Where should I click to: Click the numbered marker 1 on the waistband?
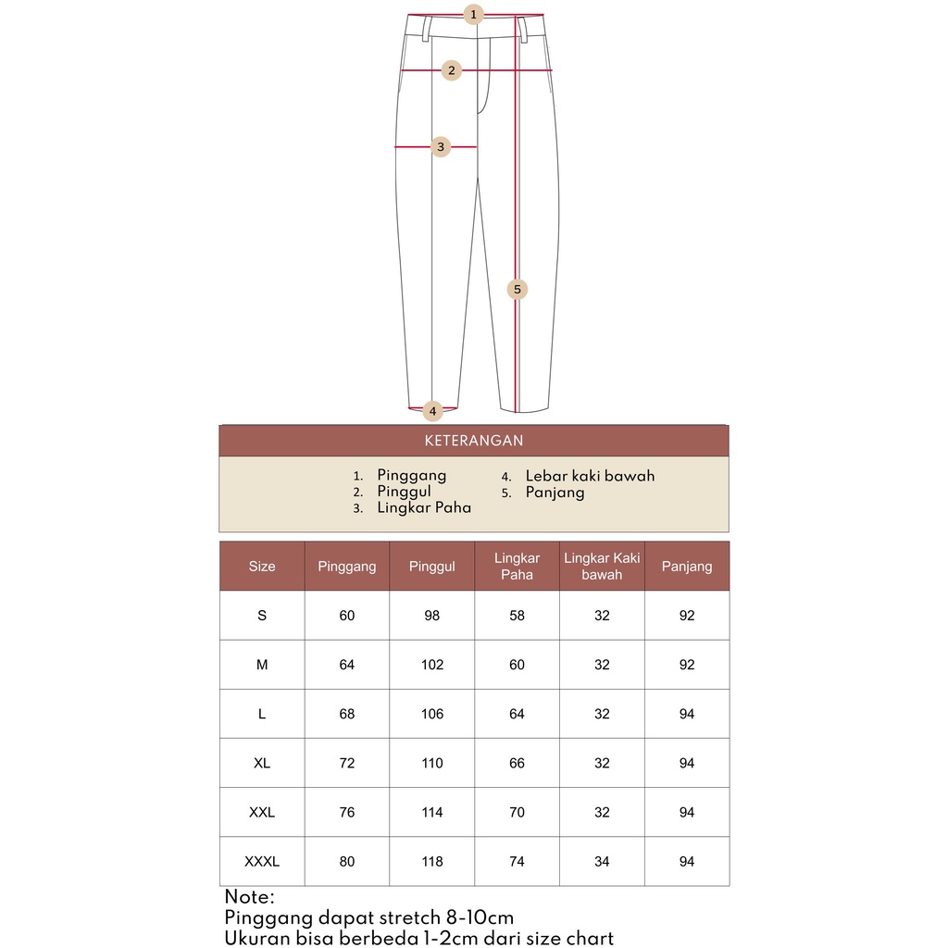click(x=474, y=15)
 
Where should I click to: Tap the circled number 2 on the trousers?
click(x=451, y=70)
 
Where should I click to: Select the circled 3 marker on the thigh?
click(x=441, y=146)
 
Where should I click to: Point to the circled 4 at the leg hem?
click(x=432, y=410)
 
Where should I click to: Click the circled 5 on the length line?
click(x=518, y=290)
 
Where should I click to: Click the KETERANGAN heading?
click(x=473, y=441)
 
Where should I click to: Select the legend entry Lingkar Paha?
click(x=424, y=507)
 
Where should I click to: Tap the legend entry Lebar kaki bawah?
click(x=590, y=476)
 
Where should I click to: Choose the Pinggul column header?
click(x=432, y=567)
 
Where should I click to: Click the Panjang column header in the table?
click(x=687, y=567)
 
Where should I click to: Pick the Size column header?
click(x=262, y=567)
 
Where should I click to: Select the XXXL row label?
click(x=262, y=862)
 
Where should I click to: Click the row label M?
click(x=262, y=665)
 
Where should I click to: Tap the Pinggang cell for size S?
click(x=347, y=616)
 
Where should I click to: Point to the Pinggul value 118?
click(x=432, y=862)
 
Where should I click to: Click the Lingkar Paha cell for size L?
click(x=517, y=714)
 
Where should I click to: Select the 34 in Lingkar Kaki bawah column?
click(x=602, y=862)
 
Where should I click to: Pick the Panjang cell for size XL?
click(x=687, y=763)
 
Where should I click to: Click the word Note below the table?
click(x=249, y=897)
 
